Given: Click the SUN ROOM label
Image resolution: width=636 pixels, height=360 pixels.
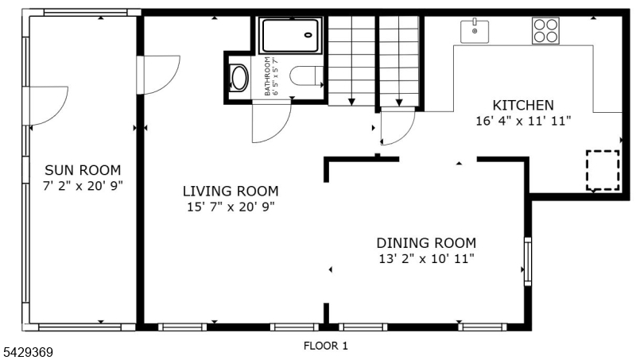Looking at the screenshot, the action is pos(83,170).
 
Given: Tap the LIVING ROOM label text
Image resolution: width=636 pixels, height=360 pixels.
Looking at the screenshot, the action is pos(231,191).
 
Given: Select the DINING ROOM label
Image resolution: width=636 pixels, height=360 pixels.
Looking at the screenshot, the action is pos(426,243).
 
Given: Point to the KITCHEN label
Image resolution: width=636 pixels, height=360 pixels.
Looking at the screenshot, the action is pos(523,106).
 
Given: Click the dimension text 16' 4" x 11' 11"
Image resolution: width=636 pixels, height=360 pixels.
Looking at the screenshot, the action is pos(523,121).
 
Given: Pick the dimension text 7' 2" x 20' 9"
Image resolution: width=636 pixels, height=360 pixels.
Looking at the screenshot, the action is pos(83,186).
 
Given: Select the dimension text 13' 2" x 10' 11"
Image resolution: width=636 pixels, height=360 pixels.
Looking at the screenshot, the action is pos(426,258).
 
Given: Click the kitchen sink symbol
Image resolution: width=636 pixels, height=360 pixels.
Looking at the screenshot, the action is pos(474,31).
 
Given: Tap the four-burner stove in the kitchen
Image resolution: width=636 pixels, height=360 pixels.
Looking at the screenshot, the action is pos(545,31).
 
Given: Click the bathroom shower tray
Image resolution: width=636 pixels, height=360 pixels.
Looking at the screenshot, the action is pos(290,35).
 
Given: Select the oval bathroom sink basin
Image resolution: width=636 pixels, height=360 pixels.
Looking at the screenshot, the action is pos(239,78).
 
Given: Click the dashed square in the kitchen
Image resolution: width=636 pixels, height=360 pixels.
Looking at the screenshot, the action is pos(603,170).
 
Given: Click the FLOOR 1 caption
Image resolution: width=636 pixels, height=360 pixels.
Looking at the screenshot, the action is pos(326,346).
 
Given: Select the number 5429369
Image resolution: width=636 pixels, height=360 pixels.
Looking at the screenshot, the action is pos(27,352).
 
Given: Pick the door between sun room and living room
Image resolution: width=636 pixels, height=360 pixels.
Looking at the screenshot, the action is pos(158,75).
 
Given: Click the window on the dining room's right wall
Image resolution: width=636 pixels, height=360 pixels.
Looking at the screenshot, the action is pos(528,261).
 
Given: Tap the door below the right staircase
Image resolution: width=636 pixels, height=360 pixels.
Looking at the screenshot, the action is pos(398,126).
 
